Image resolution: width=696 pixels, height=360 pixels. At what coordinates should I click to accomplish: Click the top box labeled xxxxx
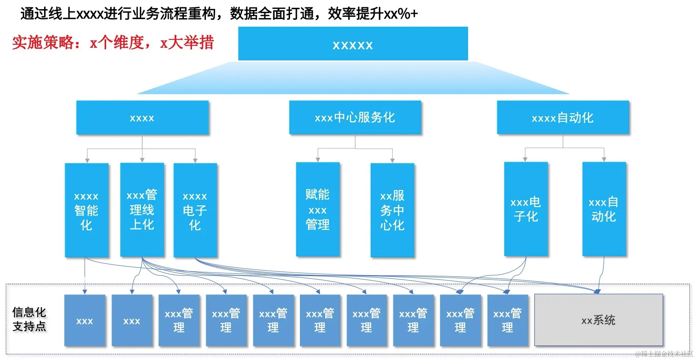tap(353, 44)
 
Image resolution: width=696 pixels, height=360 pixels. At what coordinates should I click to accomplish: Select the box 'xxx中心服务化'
tap(355, 118)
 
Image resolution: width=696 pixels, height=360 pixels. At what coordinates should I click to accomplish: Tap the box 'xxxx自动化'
tap(563, 118)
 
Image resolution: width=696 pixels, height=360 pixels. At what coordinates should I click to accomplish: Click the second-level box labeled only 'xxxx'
tap(142, 118)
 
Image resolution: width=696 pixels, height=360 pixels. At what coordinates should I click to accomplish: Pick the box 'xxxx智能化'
tap(87, 210)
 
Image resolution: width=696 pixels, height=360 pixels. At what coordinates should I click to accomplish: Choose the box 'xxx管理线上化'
tap(142, 210)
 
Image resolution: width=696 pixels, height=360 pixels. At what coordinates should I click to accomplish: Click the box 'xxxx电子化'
tap(195, 210)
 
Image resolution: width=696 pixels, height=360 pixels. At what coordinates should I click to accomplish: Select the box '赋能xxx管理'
tap(318, 209)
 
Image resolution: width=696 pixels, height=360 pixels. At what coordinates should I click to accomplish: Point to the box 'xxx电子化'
tap(526, 209)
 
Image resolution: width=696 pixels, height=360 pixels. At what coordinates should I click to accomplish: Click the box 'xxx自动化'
tap(604, 209)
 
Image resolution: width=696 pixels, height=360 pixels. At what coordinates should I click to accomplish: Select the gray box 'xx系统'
tap(598, 320)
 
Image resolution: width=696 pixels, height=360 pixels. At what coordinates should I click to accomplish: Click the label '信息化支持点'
tap(29, 319)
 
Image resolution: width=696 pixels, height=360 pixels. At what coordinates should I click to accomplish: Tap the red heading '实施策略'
tap(43, 43)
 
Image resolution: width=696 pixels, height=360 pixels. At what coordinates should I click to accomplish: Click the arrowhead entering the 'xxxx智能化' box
tap(87, 161)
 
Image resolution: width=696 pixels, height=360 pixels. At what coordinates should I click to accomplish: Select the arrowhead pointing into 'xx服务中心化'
tap(392, 161)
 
